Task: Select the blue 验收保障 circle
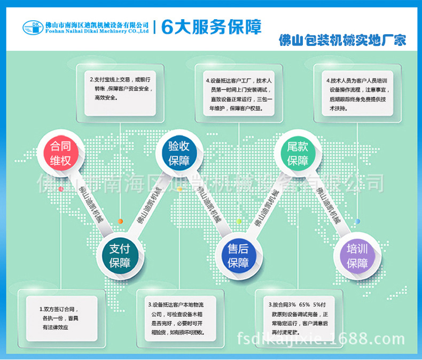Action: pyautogui.click(x=179, y=154)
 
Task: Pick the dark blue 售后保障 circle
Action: pyautogui.click(x=238, y=255)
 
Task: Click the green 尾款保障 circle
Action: pyautogui.click(x=298, y=154)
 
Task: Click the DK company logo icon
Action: pyautogui.click(x=33, y=27)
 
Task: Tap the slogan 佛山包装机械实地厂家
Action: pyautogui.click(x=342, y=40)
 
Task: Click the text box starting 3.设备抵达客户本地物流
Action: pyautogui.click(x=178, y=318)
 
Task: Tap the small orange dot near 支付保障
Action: pyautogui.click(x=121, y=221)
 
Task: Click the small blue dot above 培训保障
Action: pyautogui.click(x=357, y=221)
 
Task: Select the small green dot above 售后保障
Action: pyautogui.click(x=239, y=221)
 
